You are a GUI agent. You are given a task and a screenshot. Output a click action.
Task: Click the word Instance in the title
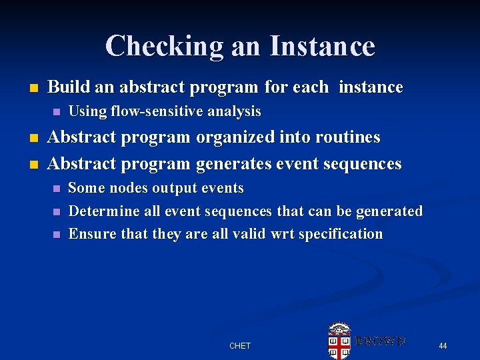[x=323, y=46]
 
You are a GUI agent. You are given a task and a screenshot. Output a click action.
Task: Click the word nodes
[x=127, y=189]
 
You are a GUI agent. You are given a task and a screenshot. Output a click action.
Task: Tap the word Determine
[x=101, y=211]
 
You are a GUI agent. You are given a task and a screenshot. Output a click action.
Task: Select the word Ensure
[x=90, y=234]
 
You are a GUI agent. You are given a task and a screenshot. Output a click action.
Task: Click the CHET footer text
[x=240, y=346]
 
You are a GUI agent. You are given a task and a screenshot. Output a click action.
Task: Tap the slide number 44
[x=443, y=345]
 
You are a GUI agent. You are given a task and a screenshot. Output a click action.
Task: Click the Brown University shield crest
[x=339, y=341]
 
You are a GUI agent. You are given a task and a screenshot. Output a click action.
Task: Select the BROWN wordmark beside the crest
[x=380, y=341]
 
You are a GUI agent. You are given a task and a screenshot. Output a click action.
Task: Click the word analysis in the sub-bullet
[x=233, y=111]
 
